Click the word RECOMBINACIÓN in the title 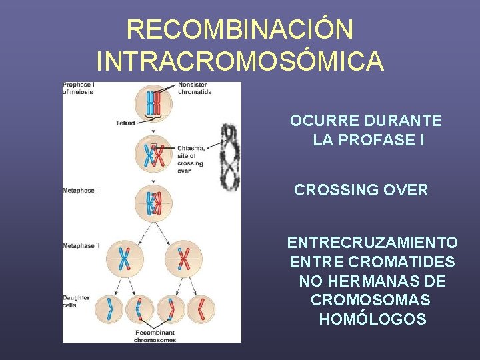click(x=240, y=29)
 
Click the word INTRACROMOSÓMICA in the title click(x=240, y=61)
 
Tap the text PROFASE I click(x=377, y=141)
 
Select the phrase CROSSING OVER click(x=361, y=190)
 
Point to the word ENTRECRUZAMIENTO click(x=372, y=242)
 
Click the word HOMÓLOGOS click(x=373, y=319)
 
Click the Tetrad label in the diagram click(x=125, y=123)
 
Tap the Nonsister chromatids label click(x=195, y=88)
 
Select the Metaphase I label click(x=80, y=190)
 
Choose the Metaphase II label click(x=81, y=245)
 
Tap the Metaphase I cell click(x=153, y=203)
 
